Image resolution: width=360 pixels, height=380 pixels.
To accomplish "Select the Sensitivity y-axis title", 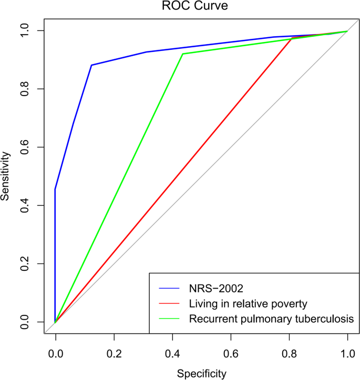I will tap(6, 176).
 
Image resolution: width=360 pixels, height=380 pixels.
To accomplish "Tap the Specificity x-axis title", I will tap(201, 373).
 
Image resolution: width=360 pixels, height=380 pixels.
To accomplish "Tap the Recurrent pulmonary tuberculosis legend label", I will tap(267, 318).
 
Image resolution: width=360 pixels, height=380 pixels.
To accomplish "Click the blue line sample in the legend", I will tap(170, 288).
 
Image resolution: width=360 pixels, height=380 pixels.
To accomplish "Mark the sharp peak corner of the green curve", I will tap(182, 54).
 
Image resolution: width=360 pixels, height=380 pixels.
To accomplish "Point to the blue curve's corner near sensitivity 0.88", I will tap(91, 65).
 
